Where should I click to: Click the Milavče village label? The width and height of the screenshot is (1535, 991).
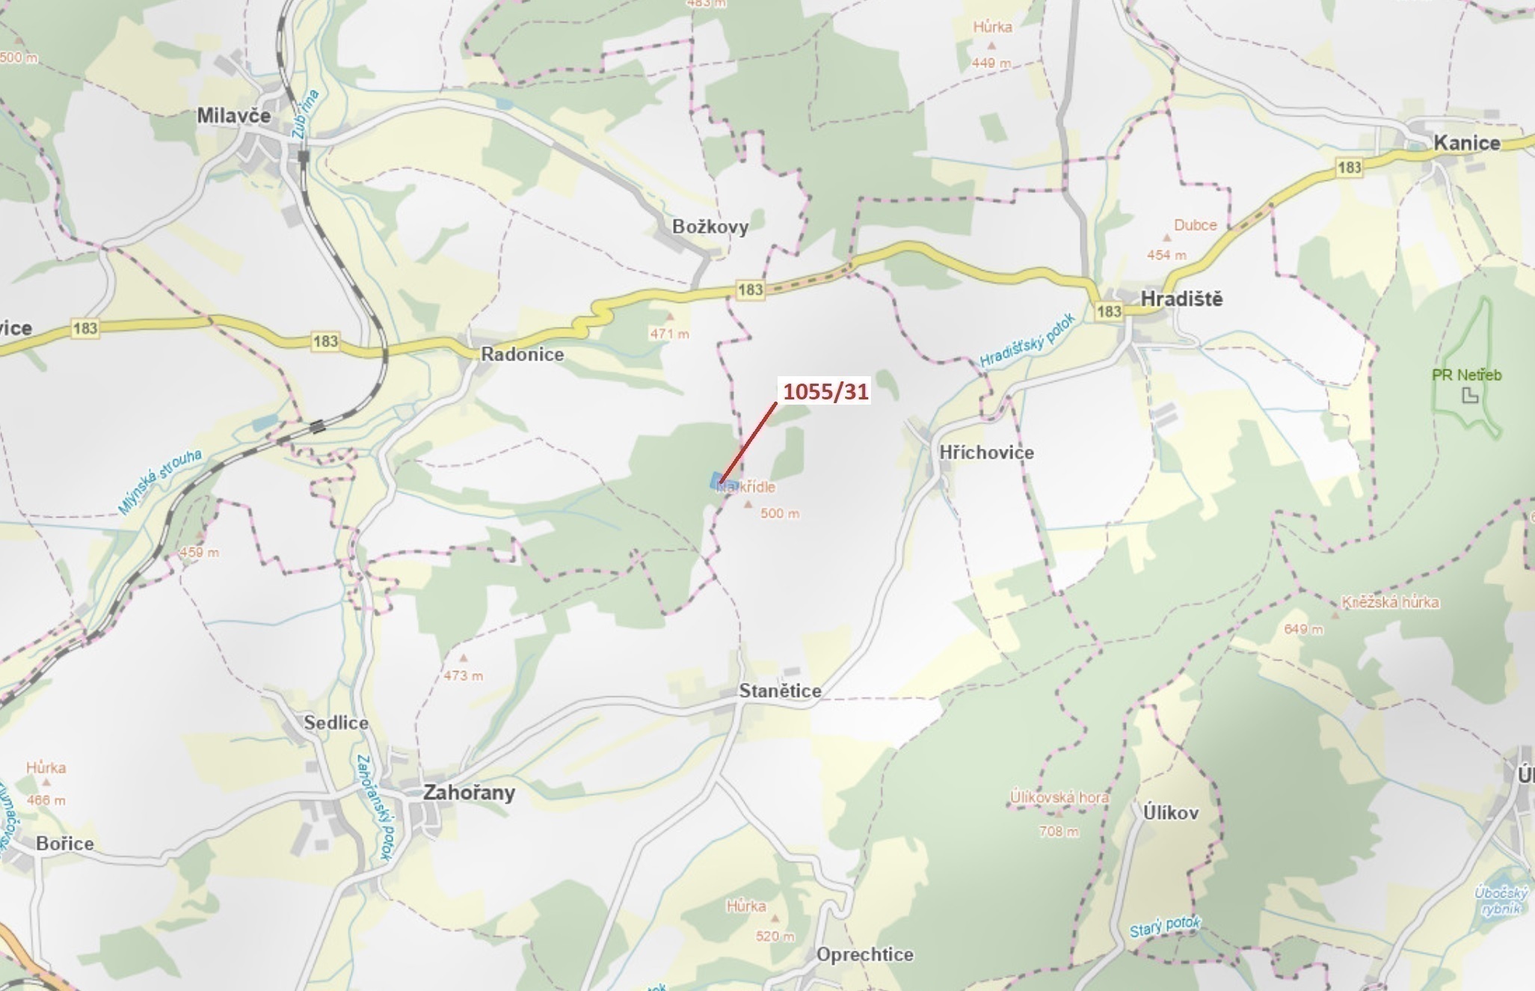pos(233,116)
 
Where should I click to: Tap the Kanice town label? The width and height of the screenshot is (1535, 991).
pos(1466,143)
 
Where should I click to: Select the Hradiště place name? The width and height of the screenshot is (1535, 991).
pos(1181,299)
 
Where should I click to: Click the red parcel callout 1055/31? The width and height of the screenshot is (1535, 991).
pos(825,391)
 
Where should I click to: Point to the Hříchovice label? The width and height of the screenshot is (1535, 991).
pos(986,452)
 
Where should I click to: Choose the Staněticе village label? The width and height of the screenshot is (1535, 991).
pos(780,691)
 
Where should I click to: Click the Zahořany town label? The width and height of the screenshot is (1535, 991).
pos(469,792)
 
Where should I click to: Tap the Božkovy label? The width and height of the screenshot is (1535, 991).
pos(710,227)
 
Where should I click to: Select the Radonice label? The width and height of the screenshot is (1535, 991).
pos(522,355)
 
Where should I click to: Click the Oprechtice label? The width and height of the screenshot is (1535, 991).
pos(864,954)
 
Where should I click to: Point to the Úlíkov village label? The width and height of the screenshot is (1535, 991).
pos(1170,812)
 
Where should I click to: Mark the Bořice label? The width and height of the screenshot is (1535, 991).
pos(65,844)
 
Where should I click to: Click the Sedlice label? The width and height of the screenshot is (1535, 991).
pos(336,722)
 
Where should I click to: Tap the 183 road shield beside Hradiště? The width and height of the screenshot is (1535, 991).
pos(1109,311)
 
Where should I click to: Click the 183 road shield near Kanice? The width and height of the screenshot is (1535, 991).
pos(1349,168)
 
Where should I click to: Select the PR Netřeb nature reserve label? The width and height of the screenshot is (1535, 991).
pos(1466,375)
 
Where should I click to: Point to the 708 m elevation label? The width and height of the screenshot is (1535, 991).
pos(1058,831)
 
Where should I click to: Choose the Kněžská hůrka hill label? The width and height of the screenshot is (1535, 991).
pos(1390,602)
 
